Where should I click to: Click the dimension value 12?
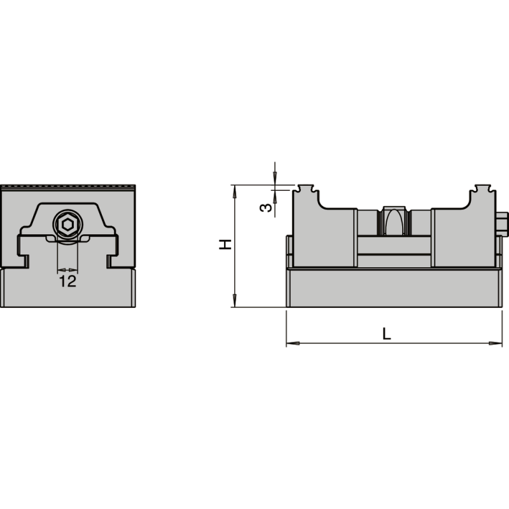pyautogui.click(x=67, y=281)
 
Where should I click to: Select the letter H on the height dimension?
pyautogui.click(x=225, y=244)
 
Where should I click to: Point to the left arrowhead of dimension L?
pyautogui.click(x=291, y=344)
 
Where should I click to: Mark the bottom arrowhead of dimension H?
pyautogui.click(x=235, y=303)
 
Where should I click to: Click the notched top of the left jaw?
pyautogui.click(x=305, y=189)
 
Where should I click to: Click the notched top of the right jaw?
pyautogui.click(x=482, y=189)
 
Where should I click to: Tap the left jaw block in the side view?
pyautogui.click(x=324, y=235)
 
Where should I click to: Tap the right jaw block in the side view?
pyautogui.click(x=463, y=235)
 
